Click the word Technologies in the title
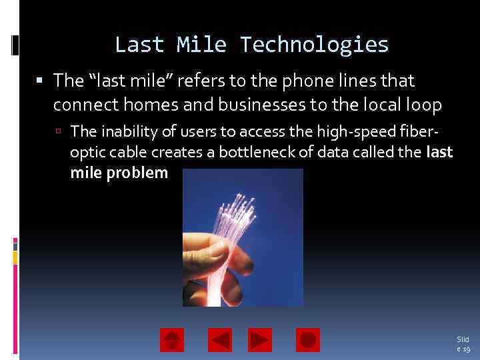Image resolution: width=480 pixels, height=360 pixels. pyautogui.click(x=314, y=45)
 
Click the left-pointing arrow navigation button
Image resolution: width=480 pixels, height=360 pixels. pyautogui.click(x=220, y=340)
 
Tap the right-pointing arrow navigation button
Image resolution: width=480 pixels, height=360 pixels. pyautogui.click(x=260, y=340)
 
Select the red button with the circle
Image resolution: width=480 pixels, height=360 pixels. pyautogui.click(x=307, y=340)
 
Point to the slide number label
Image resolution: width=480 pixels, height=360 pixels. pyautogui.click(x=463, y=344)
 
